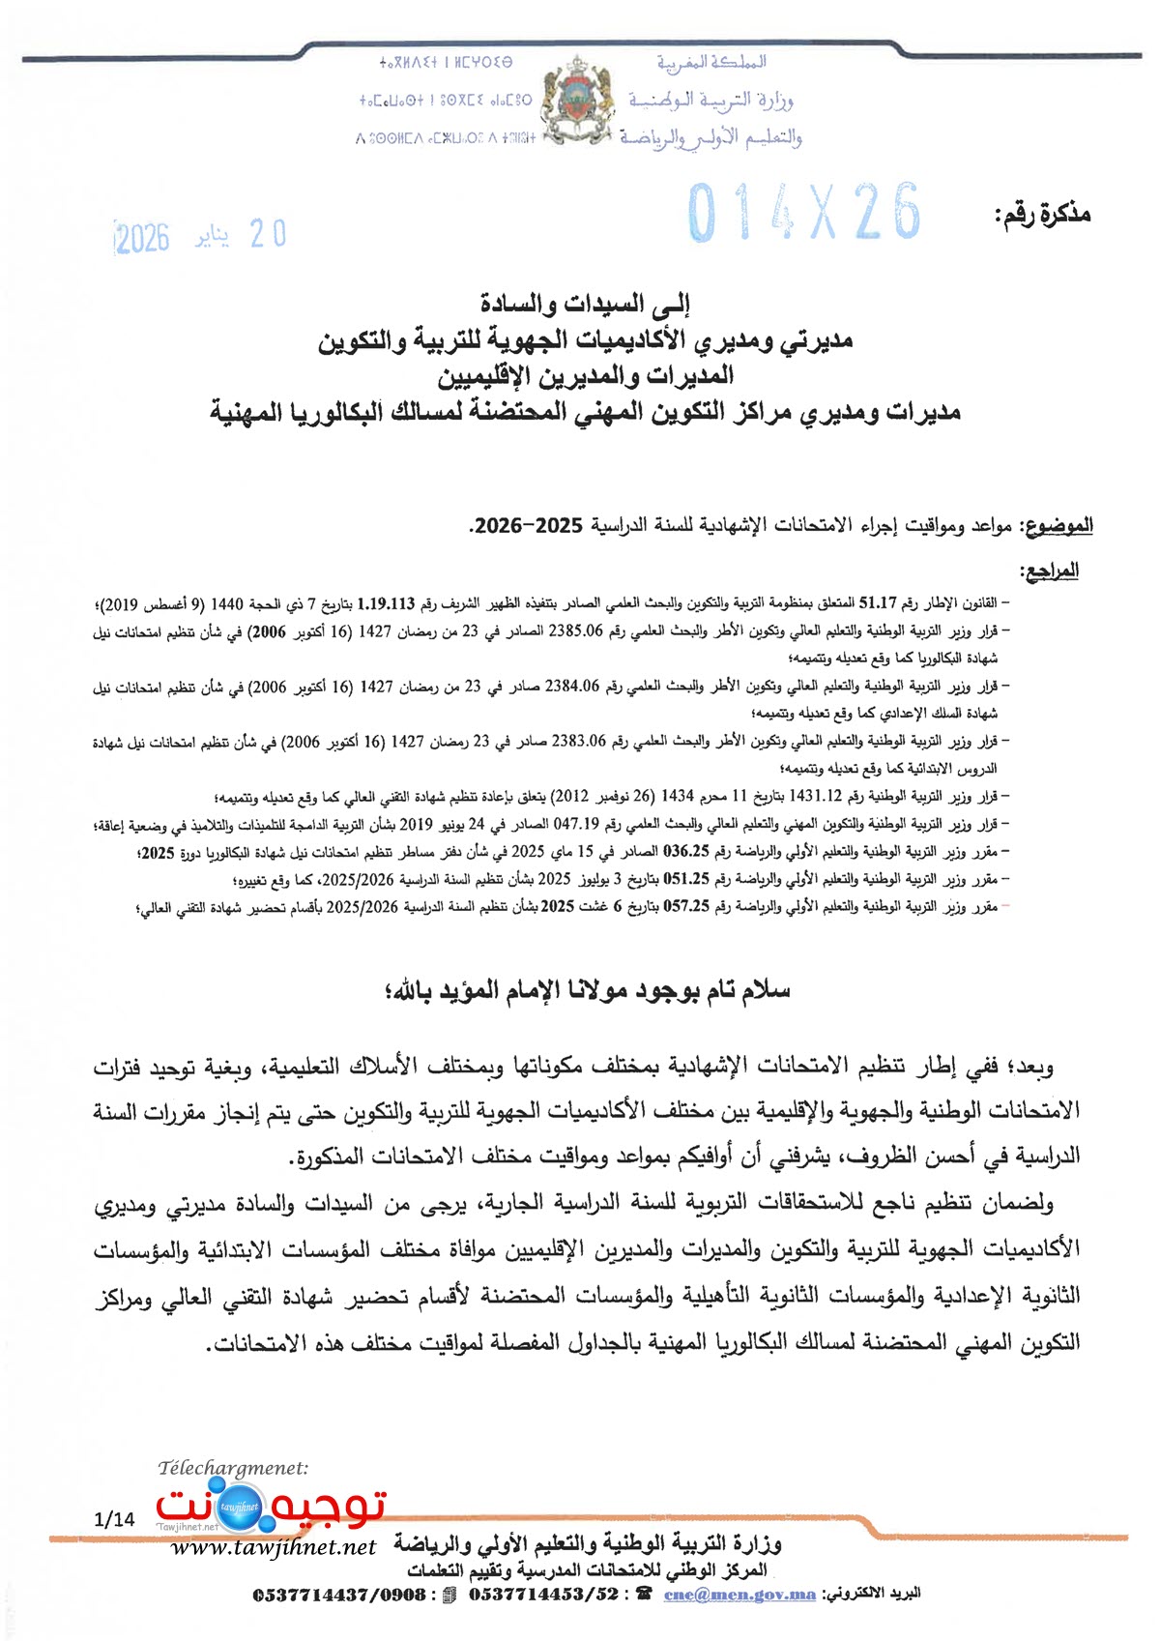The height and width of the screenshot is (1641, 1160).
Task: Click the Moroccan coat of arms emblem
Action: (580, 102)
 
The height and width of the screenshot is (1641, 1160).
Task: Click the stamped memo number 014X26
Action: (804, 213)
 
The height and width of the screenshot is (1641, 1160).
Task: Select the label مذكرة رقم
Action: (1042, 215)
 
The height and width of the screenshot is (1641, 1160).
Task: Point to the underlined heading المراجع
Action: (1050, 571)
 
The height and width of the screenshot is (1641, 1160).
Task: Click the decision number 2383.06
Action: (579, 742)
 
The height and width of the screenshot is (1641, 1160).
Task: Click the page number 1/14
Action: (115, 1519)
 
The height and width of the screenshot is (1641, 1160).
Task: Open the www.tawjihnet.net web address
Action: (274, 1548)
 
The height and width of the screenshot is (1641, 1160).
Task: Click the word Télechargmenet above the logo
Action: (233, 1469)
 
